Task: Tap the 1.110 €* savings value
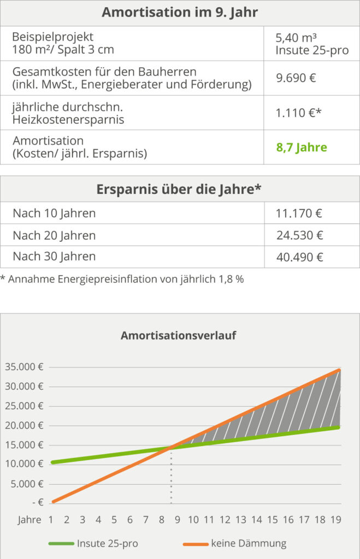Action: [298, 112]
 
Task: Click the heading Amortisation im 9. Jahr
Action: [180, 13]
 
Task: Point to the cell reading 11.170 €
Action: [300, 213]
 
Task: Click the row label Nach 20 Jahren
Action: [54, 235]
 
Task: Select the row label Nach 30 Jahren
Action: [54, 257]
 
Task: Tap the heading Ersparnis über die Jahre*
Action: [180, 189]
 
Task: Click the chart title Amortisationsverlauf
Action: [179, 335]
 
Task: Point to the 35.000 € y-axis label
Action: [25, 367]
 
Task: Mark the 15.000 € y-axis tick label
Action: [25, 445]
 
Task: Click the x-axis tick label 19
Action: [337, 520]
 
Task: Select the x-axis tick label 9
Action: [178, 520]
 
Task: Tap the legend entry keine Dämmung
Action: [247, 543]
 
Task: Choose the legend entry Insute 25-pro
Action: [107, 543]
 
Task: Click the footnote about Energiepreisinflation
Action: [122, 279]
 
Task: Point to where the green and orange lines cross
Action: [172, 448]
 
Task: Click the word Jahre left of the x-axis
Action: [29, 520]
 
